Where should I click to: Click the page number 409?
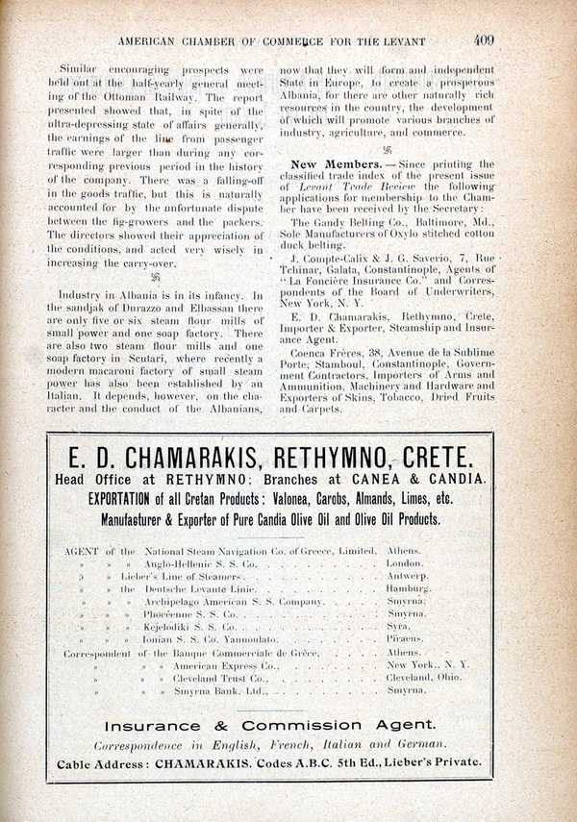coord(483,40)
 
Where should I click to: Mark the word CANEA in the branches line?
coord(380,478)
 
